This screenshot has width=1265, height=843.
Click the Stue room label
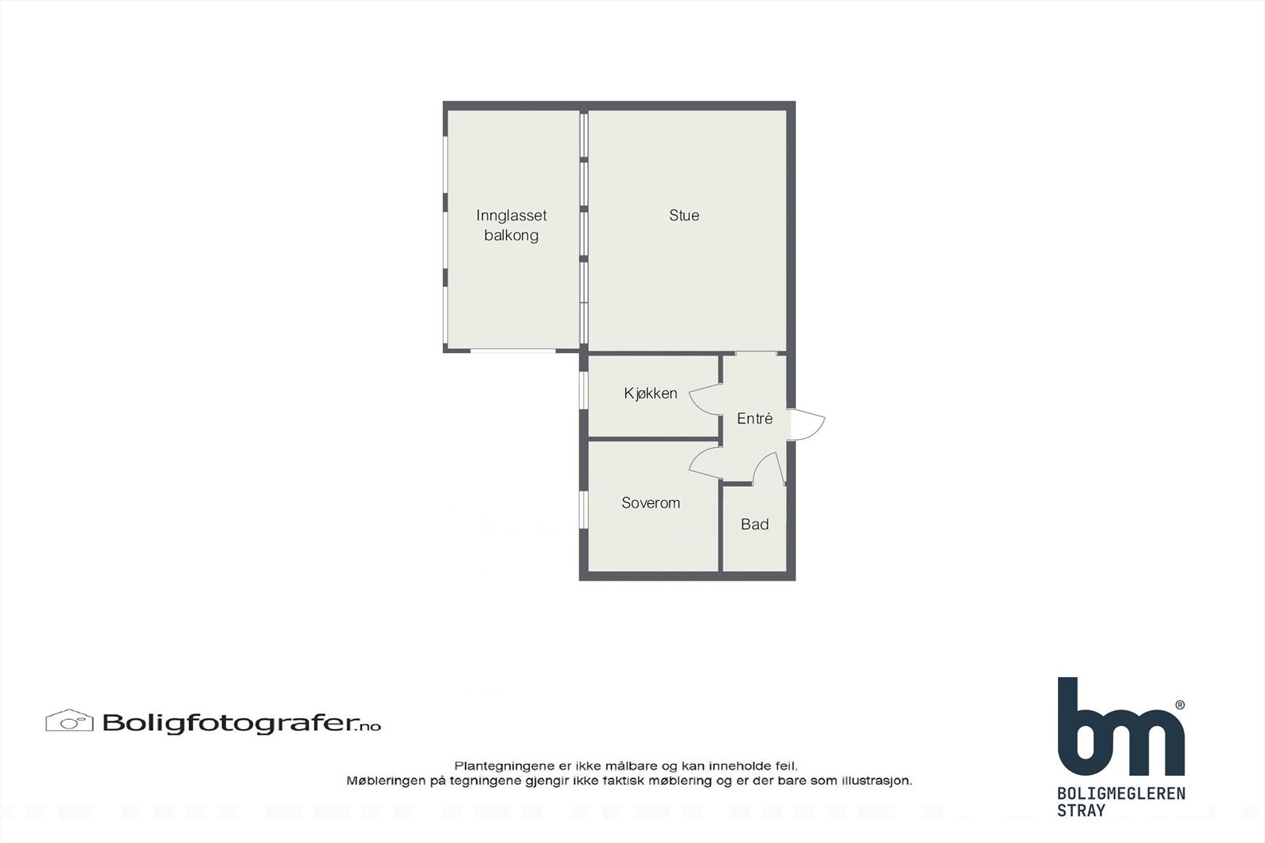684,215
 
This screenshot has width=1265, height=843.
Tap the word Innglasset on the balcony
512,215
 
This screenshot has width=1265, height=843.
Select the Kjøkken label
650,393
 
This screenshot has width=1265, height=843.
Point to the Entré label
754,419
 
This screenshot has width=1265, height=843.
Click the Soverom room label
650,502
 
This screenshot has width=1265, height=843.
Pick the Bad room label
754,525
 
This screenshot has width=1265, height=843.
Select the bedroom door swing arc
704,463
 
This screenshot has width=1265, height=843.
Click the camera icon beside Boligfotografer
70,721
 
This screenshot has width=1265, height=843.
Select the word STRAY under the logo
1081,811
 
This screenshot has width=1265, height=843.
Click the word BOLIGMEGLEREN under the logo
1120,793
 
